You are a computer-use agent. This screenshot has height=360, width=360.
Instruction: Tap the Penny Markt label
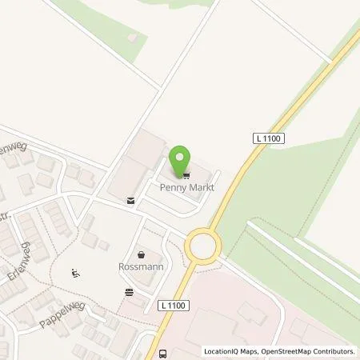pyautogui.click(x=184, y=185)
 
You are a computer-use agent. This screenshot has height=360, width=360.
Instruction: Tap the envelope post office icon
pyautogui.click(x=130, y=202)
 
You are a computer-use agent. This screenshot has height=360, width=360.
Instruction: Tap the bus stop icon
pyautogui.click(x=163, y=354)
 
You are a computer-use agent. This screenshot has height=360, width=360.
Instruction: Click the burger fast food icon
pyautogui.click(x=128, y=293)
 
